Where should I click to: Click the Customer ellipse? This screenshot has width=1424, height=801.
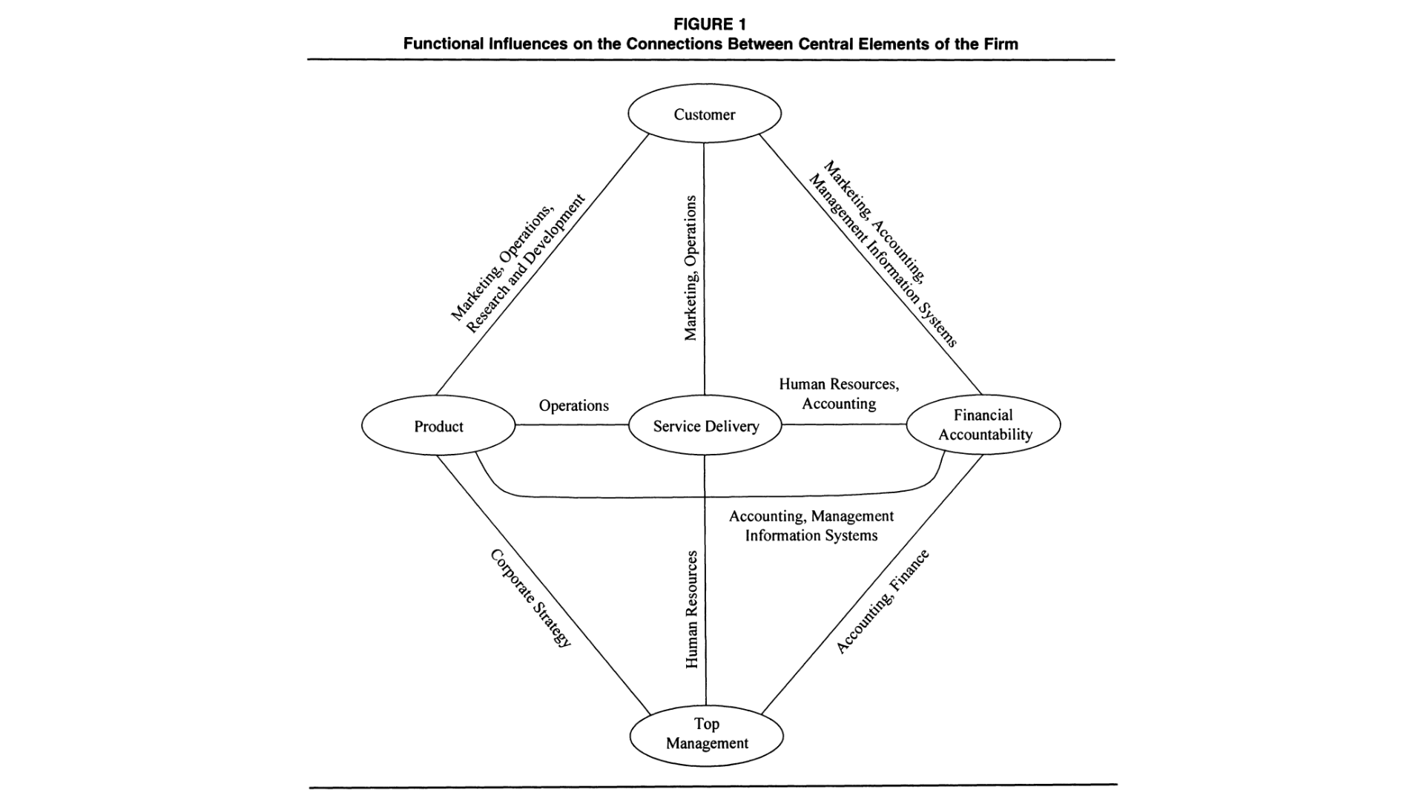click(x=705, y=114)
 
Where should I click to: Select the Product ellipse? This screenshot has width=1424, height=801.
click(x=438, y=426)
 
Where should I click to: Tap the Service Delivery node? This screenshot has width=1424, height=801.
click(x=705, y=426)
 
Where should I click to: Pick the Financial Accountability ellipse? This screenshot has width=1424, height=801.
click(x=983, y=425)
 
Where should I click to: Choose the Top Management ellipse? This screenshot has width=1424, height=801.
click(x=706, y=734)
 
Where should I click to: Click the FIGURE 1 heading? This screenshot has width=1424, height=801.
click(x=710, y=24)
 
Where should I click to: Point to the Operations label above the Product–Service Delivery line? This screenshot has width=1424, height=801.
click(x=573, y=406)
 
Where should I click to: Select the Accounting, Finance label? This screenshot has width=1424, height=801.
click(x=882, y=601)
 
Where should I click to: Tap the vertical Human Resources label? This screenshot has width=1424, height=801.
click(x=692, y=609)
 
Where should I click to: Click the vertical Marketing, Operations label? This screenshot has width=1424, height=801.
click(x=690, y=268)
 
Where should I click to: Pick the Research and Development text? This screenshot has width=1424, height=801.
click(x=526, y=264)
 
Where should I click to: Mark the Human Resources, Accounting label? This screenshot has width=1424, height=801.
click(x=839, y=394)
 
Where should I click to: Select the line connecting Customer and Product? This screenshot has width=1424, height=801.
click(x=541, y=265)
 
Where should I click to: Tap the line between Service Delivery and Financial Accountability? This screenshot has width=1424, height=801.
click(x=844, y=425)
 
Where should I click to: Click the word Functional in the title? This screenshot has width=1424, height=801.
click(x=444, y=44)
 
